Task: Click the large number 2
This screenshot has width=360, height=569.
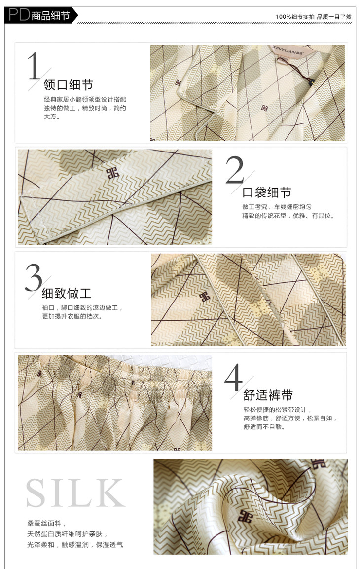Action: tap(235, 169)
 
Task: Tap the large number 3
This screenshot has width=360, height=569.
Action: tap(34, 277)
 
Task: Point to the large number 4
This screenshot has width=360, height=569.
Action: tap(233, 378)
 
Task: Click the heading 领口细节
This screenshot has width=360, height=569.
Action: tap(69, 85)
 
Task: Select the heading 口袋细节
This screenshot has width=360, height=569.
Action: tap(267, 192)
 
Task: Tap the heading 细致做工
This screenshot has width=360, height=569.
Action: tap(67, 293)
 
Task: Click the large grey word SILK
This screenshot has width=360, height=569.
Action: tap(75, 493)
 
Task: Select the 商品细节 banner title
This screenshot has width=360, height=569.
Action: tap(50, 16)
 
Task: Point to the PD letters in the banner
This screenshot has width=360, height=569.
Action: tap(19, 15)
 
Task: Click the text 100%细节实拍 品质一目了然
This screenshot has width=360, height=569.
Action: tap(313, 17)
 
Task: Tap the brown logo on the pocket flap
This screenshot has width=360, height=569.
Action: tap(113, 173)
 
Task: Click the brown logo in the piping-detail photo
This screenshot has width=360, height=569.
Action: tap(205, 297)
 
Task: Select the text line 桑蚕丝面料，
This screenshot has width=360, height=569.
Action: tap(47, 523)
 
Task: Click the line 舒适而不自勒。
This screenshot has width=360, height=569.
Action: tap(264, 427)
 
